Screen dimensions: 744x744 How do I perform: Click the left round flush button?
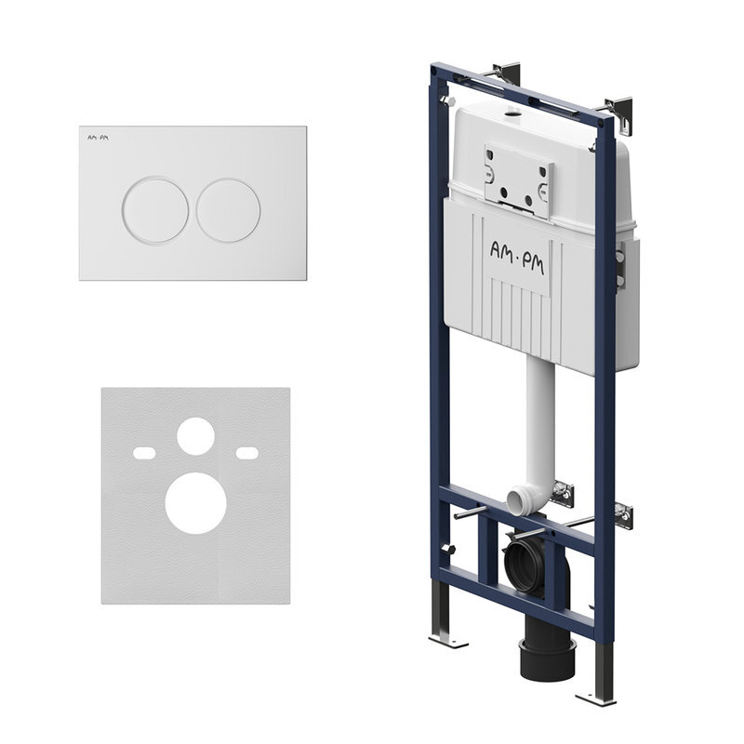(x=155, y=210)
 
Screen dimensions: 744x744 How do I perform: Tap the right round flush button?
(x=228, y=210)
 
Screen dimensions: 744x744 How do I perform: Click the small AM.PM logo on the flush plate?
(x=98, y=138)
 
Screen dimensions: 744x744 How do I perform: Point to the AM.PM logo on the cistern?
(x=517, y=259)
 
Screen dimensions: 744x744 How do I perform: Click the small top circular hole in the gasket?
(x=195, y=436)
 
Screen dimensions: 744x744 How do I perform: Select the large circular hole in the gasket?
(x=195, y=503)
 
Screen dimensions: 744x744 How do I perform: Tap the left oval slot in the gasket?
(x=144, y=453)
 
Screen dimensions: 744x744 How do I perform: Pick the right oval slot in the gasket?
(x=247, y=453)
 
